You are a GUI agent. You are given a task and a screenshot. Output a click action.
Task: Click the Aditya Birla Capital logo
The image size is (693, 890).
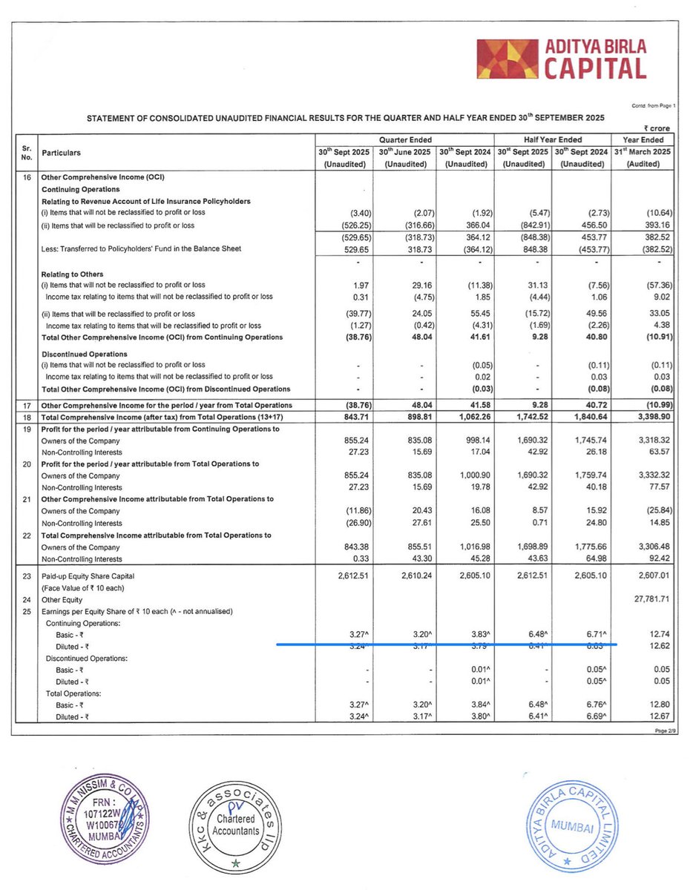[x=560, y=59]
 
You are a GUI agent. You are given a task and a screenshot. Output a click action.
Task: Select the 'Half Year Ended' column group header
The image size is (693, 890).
[x=551, y=139]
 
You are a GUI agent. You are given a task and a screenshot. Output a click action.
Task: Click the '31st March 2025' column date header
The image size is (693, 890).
[x=641, y=152]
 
